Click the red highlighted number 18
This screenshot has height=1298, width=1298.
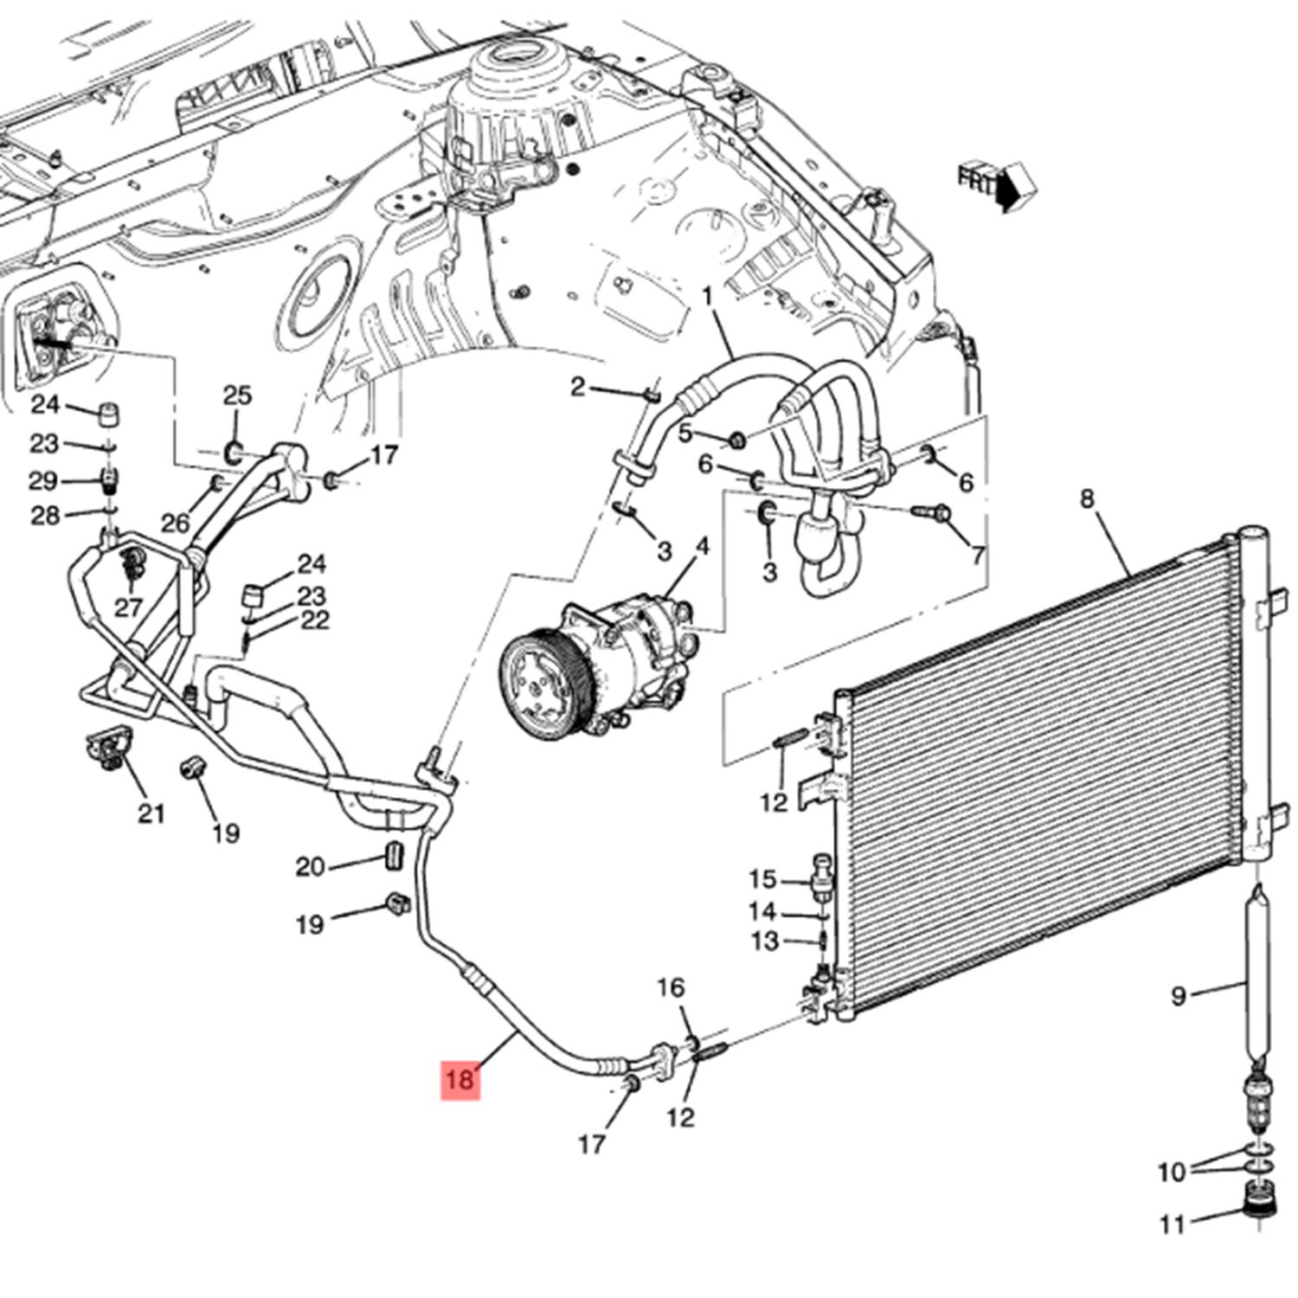point(459,1079)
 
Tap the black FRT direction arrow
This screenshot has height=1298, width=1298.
point(1006,188)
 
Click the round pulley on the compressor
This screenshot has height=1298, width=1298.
point(544,684)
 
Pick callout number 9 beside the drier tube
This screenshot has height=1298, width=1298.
point(1178,996)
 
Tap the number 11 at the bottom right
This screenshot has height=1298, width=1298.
point(1172,1224)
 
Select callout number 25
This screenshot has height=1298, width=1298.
point(237,395)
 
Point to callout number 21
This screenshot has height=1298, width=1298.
point(151,813)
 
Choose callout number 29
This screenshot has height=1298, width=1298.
point(43,480)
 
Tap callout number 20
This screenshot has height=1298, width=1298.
point(310,866)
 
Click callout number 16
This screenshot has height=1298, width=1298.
point(671,987)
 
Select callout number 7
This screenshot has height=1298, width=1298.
point(977,555)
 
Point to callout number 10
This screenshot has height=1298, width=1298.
point(1172,1172)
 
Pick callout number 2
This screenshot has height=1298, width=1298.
point(577,387)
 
